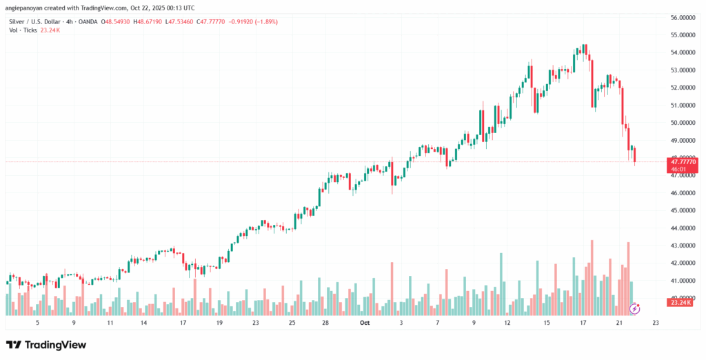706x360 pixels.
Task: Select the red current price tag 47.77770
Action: tap(683, 161)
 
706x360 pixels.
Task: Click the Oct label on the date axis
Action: tap(365, 322)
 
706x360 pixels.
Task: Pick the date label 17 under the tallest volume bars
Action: tap(583, 322)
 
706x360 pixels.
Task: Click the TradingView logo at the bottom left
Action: tap(46, 344)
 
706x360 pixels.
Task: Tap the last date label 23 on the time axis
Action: tap(656, 322)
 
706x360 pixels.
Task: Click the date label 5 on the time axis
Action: tap(38, 322)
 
